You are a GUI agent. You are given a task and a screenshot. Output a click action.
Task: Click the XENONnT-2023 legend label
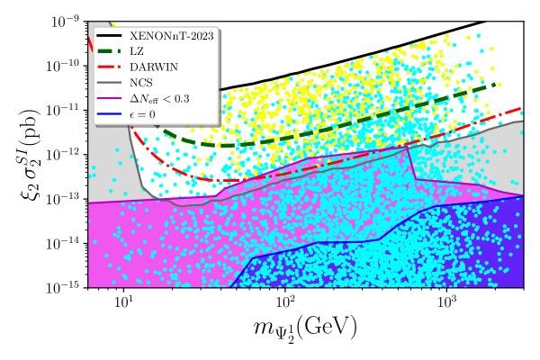[172, 36]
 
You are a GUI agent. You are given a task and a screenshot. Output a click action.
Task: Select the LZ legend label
[137, 51]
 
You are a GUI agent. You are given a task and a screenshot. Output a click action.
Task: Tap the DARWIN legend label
[154, 67]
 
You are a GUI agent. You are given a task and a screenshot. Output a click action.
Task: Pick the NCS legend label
[141, 83]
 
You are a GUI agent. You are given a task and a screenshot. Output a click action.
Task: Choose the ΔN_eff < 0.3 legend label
[159, 99]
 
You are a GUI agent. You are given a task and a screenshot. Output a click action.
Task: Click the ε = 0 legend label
[142, 114]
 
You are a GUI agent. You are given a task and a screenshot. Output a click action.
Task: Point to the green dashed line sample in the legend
[110, 51]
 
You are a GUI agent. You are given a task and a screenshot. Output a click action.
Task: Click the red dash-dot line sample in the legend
[110, 67]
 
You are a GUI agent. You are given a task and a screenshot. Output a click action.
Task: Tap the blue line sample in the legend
[110, 114]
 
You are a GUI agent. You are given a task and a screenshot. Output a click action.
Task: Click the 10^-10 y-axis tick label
[65, 66]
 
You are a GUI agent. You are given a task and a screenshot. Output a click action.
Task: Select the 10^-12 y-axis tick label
[65, 155]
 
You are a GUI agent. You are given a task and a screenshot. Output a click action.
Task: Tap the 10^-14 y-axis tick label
[65, 243]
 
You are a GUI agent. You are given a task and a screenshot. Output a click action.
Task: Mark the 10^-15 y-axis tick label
[65, 288]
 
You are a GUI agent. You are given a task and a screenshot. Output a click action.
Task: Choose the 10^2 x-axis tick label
[285, 301]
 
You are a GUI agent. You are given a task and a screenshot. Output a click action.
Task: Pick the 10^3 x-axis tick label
[446, 301]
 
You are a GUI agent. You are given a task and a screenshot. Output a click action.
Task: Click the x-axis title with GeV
[305, 329]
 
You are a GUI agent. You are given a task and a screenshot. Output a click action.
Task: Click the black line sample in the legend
[110, 35]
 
